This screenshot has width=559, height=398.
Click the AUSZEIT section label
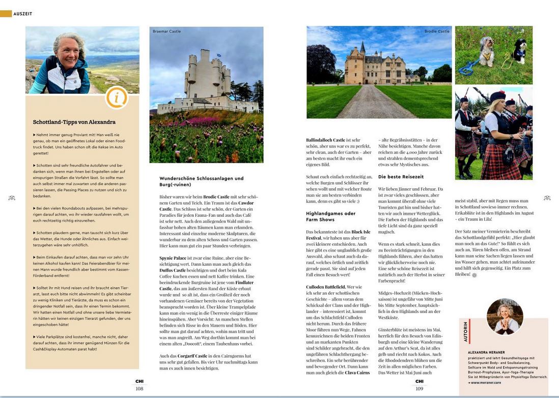point(22,14)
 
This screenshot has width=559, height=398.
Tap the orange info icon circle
point(117,98)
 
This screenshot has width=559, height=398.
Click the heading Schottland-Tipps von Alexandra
point(74,122)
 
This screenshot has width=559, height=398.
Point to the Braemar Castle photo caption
point(166,32)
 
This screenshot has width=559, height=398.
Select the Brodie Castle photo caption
point(437,32)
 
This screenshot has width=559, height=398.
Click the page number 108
point(139,388)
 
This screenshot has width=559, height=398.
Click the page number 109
point(419,388)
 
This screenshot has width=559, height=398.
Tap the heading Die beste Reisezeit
point(401,177)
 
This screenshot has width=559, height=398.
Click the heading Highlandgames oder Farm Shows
point(330,216)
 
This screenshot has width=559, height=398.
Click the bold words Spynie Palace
point(173,258)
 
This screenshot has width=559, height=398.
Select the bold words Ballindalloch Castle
point(325,139)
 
